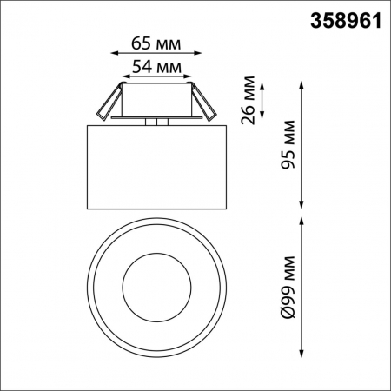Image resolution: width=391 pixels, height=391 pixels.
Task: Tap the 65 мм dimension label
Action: coord(157,42)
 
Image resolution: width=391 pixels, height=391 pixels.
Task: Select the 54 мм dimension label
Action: coord(156,65)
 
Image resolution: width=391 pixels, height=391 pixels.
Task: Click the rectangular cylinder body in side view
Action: coord(157,167)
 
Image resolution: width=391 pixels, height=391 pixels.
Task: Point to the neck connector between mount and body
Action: coord(157,122)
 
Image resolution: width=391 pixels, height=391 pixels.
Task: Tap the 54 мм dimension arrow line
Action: coord(157,77)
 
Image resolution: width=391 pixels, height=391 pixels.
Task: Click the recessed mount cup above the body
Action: coord(157,101)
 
